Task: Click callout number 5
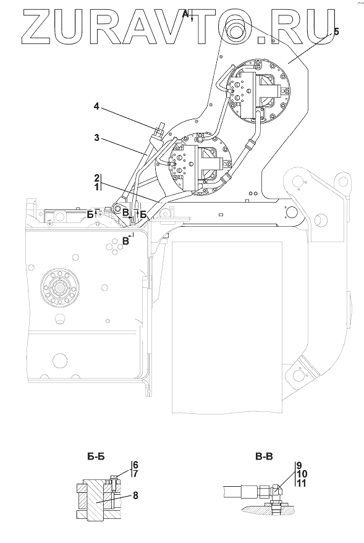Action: (336, 32)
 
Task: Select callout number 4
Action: (96, 106)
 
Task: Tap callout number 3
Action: (96, 138)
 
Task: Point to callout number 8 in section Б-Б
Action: (135, 495)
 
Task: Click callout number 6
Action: (136, 465)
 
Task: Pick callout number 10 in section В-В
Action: (302, 474)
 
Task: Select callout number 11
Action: (302, 482)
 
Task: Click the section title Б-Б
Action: (96, 457)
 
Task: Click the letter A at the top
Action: (185, 14)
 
